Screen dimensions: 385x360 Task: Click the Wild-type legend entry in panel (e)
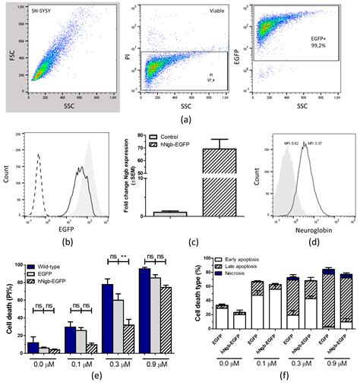pyautogui.click(x=54, y=267)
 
